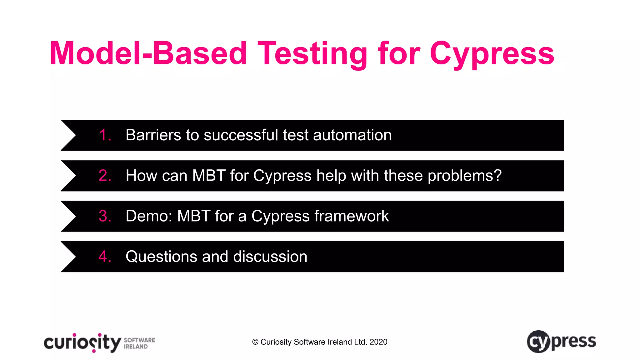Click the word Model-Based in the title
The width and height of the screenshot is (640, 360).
pos(148,54)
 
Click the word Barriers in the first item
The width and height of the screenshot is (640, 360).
pos(153,135)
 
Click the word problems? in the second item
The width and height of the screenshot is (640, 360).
pos(464,176)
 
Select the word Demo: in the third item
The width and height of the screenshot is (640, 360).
pos(149,216)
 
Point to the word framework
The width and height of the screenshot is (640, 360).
pos(352,216)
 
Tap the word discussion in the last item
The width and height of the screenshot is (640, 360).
pos(270,257)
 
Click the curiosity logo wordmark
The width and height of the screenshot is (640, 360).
pos(82,343)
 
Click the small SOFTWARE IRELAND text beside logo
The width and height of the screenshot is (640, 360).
pos(139,343)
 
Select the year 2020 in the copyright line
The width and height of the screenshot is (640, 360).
pos(378,342)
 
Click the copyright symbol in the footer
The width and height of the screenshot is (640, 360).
pos(255,342)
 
